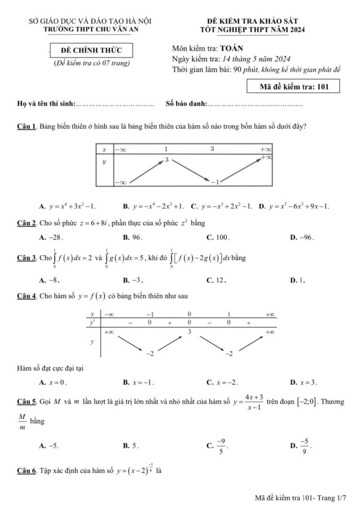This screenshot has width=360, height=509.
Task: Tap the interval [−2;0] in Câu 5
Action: (304, 402)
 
